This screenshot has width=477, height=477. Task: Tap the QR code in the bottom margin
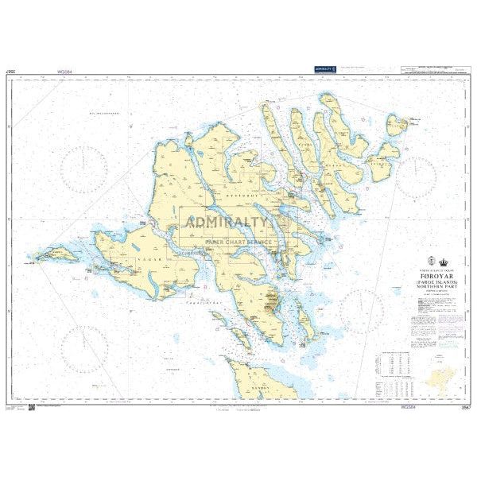click(x=32, y=407)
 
